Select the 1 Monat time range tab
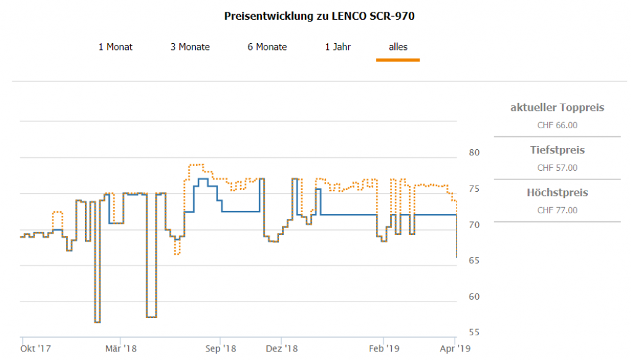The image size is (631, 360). [x=115, y=47]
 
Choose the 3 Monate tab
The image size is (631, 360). [x=190, y=47]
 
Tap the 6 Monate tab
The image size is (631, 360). [x=267, y=47]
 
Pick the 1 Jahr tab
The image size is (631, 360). [x=338, y=47]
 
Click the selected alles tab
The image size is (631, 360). [x=397, y=47]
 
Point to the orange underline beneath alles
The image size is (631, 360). [x=397, y=60]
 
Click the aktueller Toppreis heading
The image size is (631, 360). [x=557, y=108]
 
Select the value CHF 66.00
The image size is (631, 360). [x=557, y=125]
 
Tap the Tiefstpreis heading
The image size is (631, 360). [x=557, y=150]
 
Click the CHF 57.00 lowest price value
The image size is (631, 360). [x=557, y=168]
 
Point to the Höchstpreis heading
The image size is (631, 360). [x=557, y=193]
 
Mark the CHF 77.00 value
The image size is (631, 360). [x=557, y=210]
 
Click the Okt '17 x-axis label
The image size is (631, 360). [x=35, y=349]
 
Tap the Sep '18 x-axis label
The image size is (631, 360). [x=221, y=349]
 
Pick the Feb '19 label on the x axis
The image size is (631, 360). [x=383, y=349]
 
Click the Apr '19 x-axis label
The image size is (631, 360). [x=455, y=349]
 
